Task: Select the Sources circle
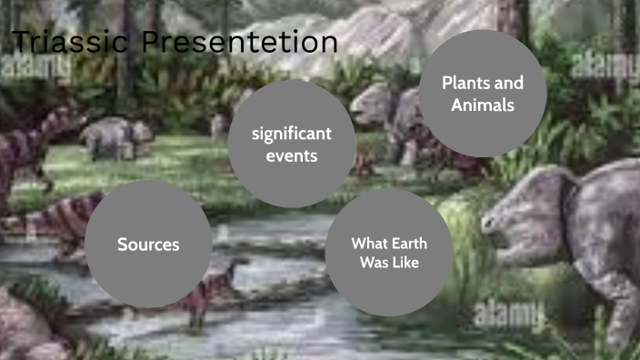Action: (x=148, y=244)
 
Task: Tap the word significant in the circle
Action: (x=292, y=135)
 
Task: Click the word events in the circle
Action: (x=292, y=155)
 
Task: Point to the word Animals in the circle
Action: (x=483, y=105)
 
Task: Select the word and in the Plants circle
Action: (x=510, y=83)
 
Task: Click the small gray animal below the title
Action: (x=115, y=136)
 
